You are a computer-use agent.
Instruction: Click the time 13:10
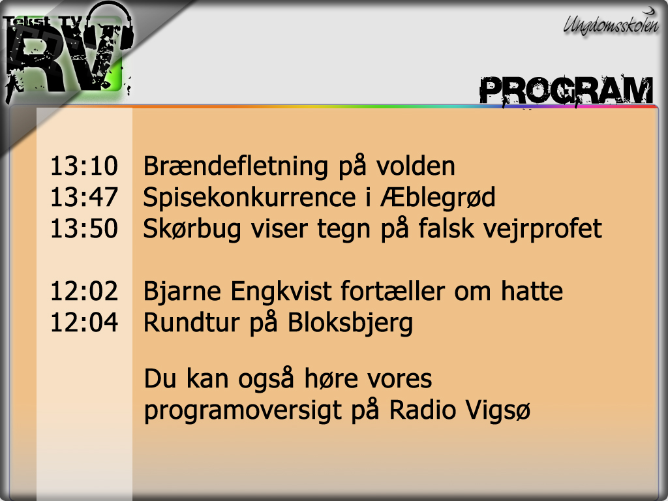[x=84, y=166]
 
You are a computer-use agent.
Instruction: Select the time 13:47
[x=84, y=197]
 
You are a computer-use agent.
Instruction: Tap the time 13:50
[x=84, y=228]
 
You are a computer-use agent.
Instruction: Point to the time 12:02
[x=84, y=292]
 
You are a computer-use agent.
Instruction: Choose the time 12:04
[x=84, y=322]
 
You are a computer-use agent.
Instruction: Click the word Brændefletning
[x=235, y=166]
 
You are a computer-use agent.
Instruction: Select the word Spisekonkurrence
[x=249, y=197]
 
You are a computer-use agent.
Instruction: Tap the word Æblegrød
[x=438, y=197]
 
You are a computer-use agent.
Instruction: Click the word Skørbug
[x=192, y=229]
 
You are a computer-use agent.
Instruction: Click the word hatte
[x=532, y=292]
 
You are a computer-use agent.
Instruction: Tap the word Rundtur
[x=192, y=322]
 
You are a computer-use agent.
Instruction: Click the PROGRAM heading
[x=566, y=91]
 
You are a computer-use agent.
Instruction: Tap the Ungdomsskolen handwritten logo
[x=611, y=23]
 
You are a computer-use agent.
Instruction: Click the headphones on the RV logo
[x=109, y=27]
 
